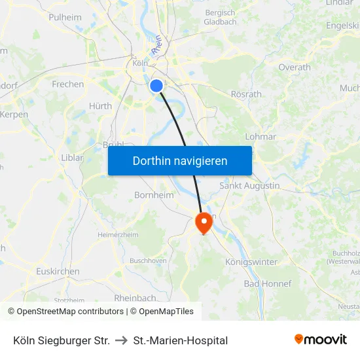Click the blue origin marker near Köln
[x=156, y=85]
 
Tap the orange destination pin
[x=204, y=223]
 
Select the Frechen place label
[x=68, y=84]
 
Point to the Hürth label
[x=100, y=106]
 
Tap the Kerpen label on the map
[x=14, y=114]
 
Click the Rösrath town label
[x=246, y=94]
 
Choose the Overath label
[x=295, y=67]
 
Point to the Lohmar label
[x=261, y=137]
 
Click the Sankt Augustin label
[x=249, y=186]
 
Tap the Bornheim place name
[x=154, y=195]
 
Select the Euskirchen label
[x=58, y=272]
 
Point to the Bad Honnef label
[x=267, y=283]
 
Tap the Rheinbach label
[x=135, y=298]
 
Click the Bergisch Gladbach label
[x=220, y=17]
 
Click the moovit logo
[x=320, y=340]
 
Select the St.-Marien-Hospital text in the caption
[x=180, y=340]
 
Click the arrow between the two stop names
[x=121, y=340]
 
